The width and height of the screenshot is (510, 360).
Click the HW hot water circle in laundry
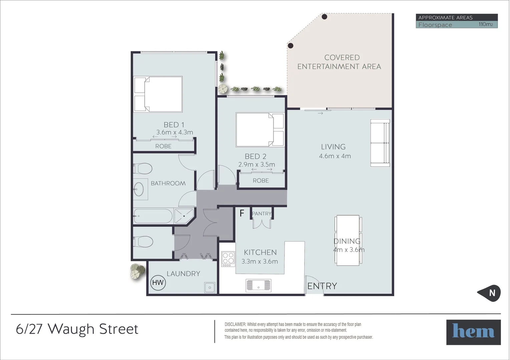click(158, 283)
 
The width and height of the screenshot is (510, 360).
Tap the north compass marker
click(490, 293)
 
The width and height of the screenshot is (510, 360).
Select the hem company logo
click(473, 332)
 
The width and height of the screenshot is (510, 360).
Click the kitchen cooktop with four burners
click(228, 258)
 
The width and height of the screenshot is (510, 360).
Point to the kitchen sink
click(259, 285)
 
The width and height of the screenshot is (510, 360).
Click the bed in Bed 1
click(158, 94)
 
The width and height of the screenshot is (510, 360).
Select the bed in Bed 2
click(260, 130)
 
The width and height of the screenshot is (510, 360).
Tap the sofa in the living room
click(380, 143)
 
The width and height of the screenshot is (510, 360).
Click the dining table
click(348, 240)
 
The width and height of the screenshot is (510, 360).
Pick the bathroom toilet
click(143, 169)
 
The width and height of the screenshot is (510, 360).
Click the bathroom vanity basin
click(139, 189)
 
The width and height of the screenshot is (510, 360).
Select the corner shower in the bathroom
click(183, 216)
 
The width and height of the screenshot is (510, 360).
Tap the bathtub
click(153, 216)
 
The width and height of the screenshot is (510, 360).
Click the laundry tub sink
click(209, 287)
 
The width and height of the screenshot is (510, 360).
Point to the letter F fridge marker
click(242, 213)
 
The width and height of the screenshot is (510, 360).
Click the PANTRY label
click(262, 213)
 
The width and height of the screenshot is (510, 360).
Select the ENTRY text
click(322, 286)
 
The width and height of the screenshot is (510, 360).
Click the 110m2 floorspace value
click(485, 24)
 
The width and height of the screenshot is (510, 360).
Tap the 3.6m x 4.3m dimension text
click(175, 132)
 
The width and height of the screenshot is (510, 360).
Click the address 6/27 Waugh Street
click(77, 329)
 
